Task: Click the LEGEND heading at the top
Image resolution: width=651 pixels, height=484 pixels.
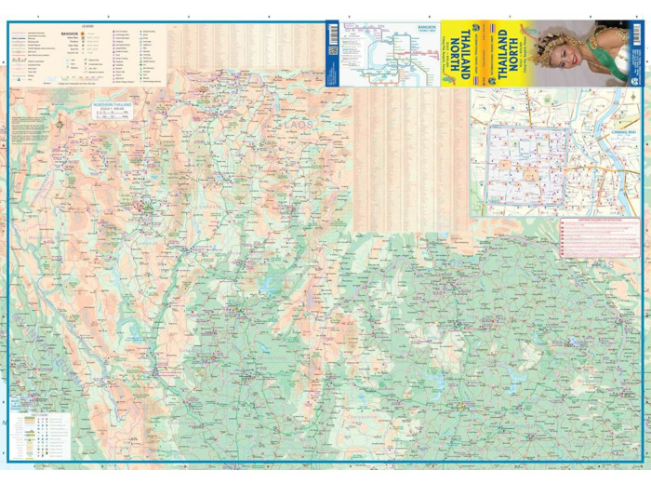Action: [88, 26]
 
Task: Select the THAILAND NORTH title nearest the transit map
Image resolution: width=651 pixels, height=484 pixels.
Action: [460, 53]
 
